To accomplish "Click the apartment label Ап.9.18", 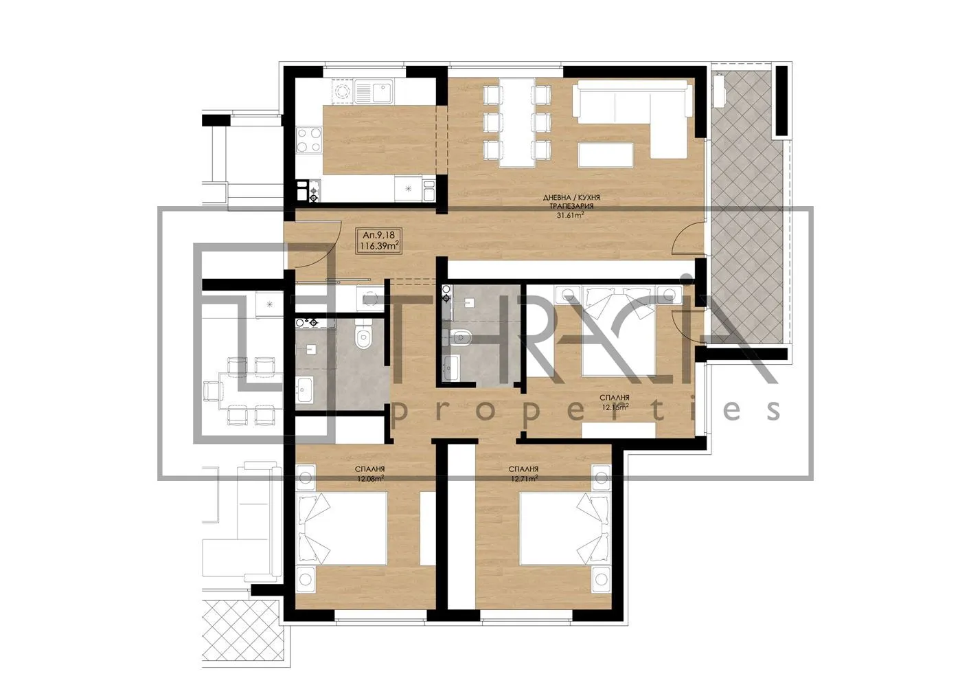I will point(377,235).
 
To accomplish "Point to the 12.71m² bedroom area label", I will point(524,478).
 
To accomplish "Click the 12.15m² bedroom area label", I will point(615,407).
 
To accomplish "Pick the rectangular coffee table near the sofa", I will point(605,155).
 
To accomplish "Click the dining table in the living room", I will point(517,122).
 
